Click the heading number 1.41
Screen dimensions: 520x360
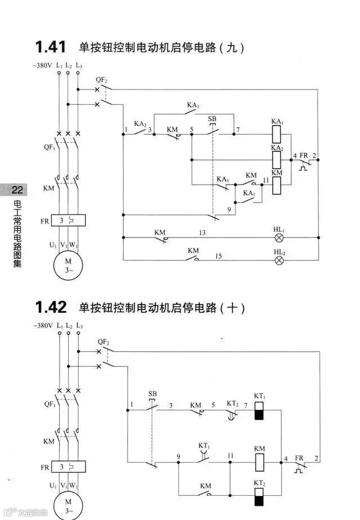pyautogui.click(x=51, y=46)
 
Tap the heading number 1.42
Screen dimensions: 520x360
pyautogui.click(x=51, y=307)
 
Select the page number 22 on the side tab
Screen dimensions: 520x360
pyautogui.click(x=16, y=190)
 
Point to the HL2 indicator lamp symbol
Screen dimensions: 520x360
pyautogui.click(x=278, y=260)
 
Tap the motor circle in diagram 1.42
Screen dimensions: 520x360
pyautogui.click(x=68, y=506)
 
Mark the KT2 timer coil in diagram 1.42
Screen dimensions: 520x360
pyautogui.click(x=259, y=497)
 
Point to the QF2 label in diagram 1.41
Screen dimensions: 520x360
pyautogui.click(x=102, y=80)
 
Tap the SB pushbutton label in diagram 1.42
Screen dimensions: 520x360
pyautogui.click(x=152, y=393)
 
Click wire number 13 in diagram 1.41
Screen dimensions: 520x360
pyautogui.click(x=201, y=232)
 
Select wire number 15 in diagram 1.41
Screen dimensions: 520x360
pyautogui.click(x=218, y=256)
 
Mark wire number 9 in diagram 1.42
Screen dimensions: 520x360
pyautogui.click(x=178, y=456)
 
